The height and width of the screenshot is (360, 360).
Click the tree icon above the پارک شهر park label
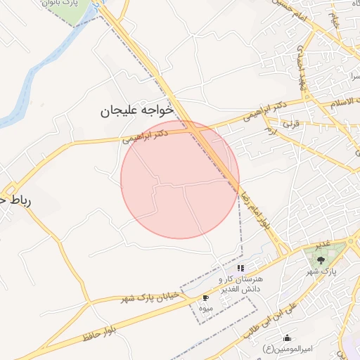321,259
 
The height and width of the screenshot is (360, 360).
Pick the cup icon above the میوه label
205,297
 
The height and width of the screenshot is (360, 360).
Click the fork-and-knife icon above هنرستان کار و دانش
240,268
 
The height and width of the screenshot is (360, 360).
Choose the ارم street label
269,131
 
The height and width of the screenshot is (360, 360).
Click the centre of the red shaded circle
180,179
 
